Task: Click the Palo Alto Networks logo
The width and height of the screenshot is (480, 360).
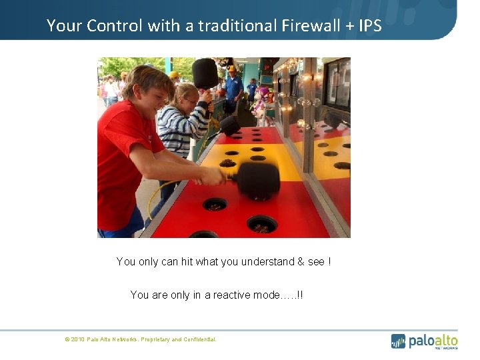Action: [x=424, y=341]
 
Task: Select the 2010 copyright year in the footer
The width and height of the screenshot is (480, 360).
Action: [x=77, y=340]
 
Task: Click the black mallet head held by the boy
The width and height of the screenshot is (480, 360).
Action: [x=257, y=180]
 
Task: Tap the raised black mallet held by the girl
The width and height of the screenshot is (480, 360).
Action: [x=205, y=73]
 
